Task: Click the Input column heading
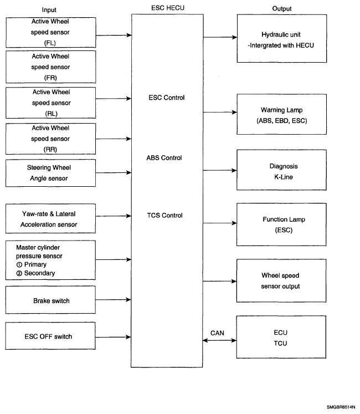(x=49, y=10)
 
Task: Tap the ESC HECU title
(x=168, y=8)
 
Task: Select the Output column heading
(x=281, y=9)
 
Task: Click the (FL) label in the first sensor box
(x=50, y=43)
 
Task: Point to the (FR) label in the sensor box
(x=50, y=78)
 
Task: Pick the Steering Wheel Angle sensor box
(x=50, y=173)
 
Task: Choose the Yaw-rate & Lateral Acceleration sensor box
(x=50, y=218)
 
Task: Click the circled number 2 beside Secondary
(x=19, y=273)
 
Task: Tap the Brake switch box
(x=50, y=300)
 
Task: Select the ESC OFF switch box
(x=50, y=336)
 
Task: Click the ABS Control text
(x=164, y=158)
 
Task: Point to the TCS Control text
(x=164, y=216)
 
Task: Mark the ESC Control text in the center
(x=167, y=98)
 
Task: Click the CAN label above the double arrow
(x=217, y=333)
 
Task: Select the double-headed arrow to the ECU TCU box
(x=219, y=341)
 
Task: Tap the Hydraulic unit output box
(x=282, y=39)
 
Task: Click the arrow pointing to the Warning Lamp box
(x=220, y=112)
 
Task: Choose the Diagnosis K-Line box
(x=281, y=170)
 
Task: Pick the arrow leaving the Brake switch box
(x=113, y=300)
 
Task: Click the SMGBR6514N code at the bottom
(x=341, y=407)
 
